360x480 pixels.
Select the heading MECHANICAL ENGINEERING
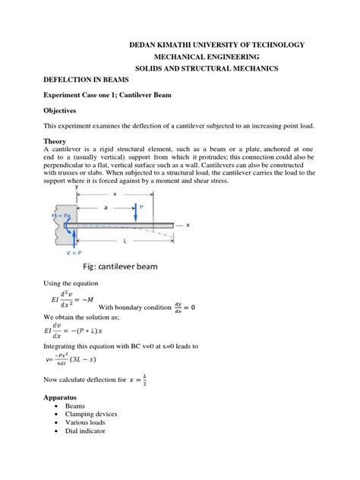click(x=206, y=57)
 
